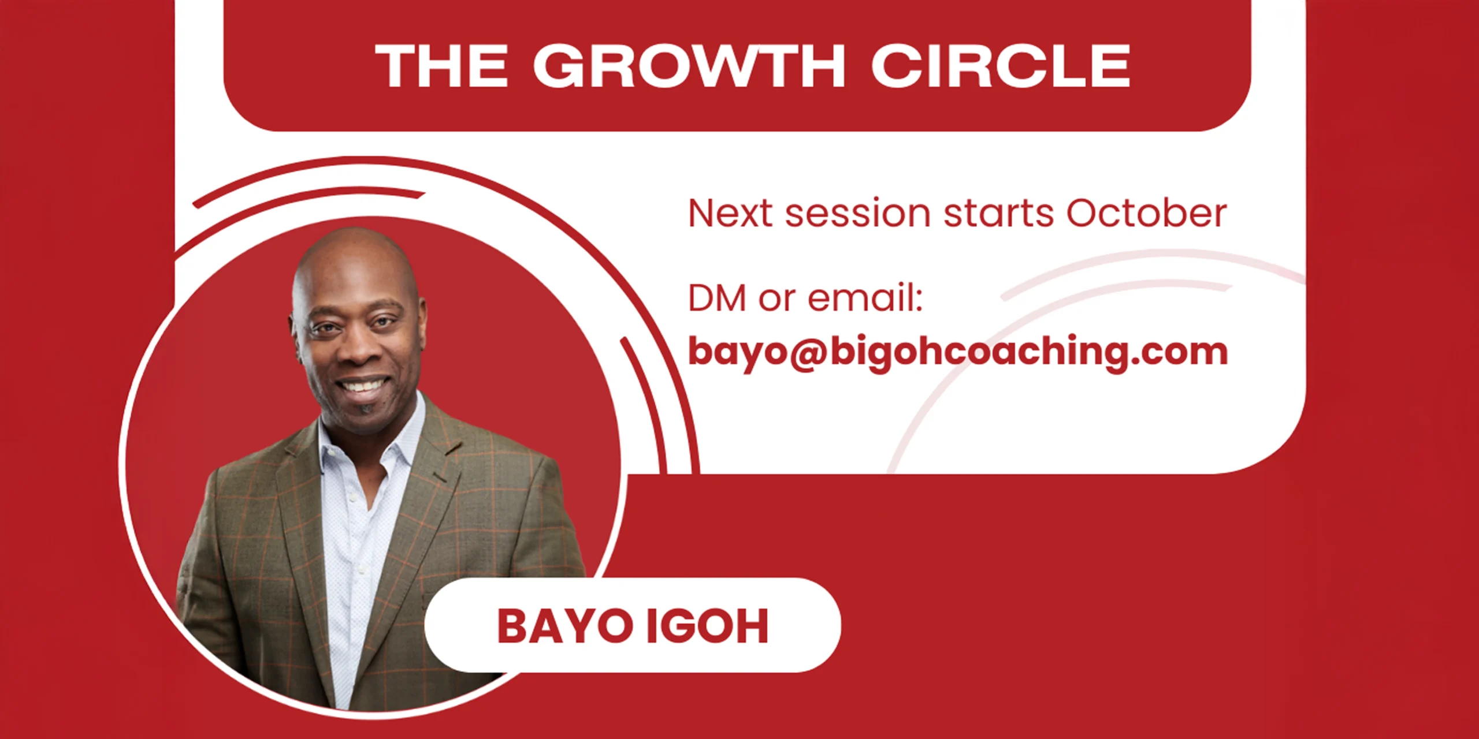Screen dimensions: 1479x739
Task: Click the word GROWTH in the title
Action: point(689,66)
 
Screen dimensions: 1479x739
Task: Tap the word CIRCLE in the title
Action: point(1001,66)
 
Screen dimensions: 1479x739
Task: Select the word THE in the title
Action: point(441,66)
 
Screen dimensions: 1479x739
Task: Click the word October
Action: point(1146,213)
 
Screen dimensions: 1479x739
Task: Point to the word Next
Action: point(730,214)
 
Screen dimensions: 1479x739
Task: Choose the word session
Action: point(857,214)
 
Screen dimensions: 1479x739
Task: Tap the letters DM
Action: point(716,298)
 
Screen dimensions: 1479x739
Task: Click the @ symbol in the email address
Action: point(808,352)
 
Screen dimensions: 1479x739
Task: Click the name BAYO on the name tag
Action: point(564,626)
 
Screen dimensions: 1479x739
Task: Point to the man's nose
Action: point(354,346)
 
